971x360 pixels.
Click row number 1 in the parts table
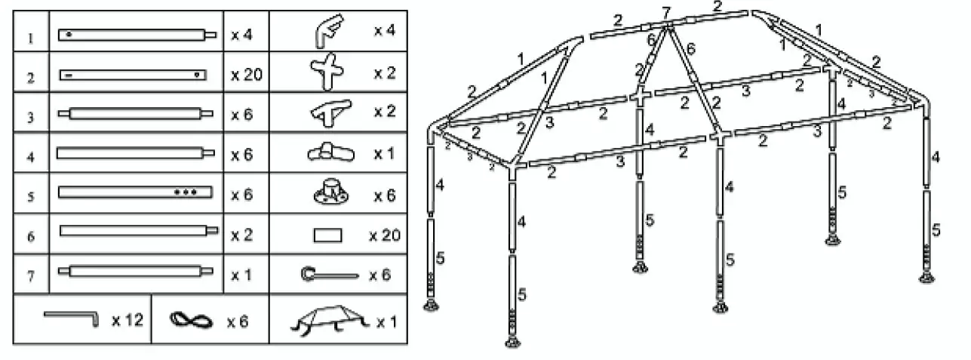coord(29,35)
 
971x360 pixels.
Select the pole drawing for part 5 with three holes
coord(135,192)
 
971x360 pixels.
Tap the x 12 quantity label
coord(128,321)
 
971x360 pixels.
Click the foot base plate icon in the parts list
coord(330,192)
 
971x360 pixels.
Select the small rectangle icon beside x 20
coord(327,235)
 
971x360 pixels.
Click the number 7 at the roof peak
coord(665,12)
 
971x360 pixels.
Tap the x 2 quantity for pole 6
coord(241,235)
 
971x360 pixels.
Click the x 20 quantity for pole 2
coord(245,75)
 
